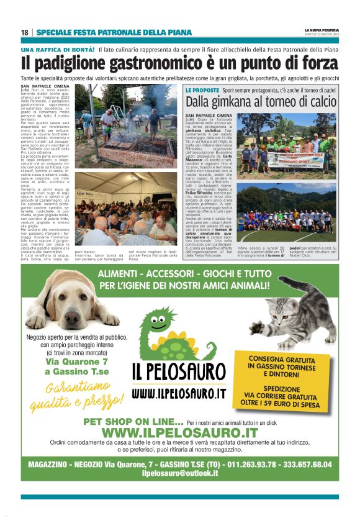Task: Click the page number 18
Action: tap(24, 32)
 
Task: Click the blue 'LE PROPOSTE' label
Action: tap(202, 91)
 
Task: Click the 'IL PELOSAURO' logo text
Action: tap(179, 372)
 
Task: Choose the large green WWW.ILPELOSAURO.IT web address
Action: tap(179, 432)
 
